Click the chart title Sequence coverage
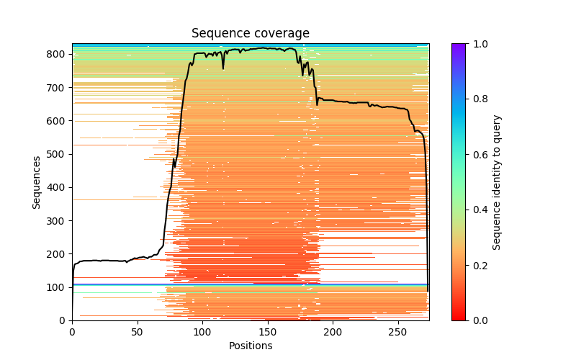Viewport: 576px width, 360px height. tap(250, 34)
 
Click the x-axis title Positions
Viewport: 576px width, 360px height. tap(250, 346)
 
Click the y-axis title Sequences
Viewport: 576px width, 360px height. tap(37, 182)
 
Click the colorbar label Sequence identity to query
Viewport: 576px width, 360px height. tap(497, 182)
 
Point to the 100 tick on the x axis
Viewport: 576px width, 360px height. tap(202, 320)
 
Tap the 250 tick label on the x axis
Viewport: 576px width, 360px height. tap(397, 331)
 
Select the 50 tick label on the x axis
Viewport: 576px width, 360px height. tap(137, 331)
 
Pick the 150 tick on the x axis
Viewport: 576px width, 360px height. tap(267, 320)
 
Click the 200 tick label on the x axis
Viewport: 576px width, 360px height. tap(333, 331)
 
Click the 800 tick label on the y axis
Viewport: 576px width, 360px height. tap(58, 54)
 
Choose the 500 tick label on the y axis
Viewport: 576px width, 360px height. tap(58, 154)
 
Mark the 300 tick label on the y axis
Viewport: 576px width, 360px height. tap(58, 220)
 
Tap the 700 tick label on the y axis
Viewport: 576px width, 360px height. tap(58, 88)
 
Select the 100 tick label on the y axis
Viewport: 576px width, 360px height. tap(58, 287)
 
